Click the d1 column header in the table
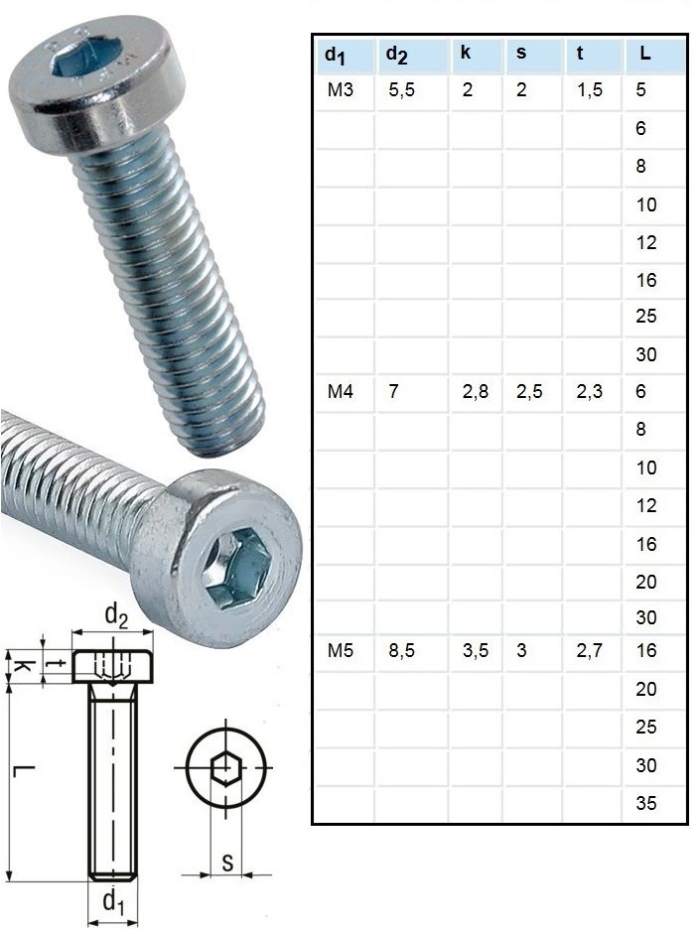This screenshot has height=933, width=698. pos(335,56)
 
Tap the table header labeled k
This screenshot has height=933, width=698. pos(466,54)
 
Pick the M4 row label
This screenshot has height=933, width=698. pos(341,392)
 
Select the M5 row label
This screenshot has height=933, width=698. pos(341,652)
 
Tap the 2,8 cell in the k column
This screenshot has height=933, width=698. pos(475,392)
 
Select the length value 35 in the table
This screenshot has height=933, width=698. pos(646,803)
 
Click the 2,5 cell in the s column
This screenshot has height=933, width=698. pos(529,392)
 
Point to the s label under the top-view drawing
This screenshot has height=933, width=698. pos(227,864)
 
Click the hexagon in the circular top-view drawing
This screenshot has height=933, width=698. pos(227,768)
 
